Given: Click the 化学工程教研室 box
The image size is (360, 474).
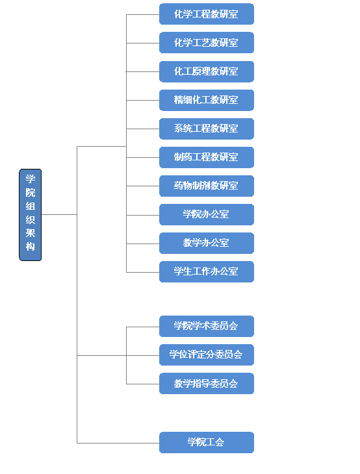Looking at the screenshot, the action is pyautogui.click(x=207, y=14).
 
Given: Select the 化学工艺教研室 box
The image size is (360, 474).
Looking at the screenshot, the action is pyautogui.click(x=207, y=43).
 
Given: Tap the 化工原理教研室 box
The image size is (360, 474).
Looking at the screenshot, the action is pyautogui.click(x=207, y=71).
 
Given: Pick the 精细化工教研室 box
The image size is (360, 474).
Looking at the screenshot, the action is pyautogui.click(x=207, y=100).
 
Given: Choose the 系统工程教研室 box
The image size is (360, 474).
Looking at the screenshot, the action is pyautogui.click(x=207, y=129).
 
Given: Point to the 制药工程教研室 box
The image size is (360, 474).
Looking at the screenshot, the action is pyautogui.click(x=207, y=157).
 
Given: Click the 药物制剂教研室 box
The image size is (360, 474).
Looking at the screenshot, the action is pyautogui.click(x=207, y=186).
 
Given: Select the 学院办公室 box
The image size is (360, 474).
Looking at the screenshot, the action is pyautogui.click(x=207, y=214).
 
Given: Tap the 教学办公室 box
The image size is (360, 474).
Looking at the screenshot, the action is pyautogui.click(x=207, y=243).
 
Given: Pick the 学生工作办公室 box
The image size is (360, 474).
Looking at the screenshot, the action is pyautogui.click(x=207, y=271).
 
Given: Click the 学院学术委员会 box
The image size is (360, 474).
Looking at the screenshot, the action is pyautogui.click(x=207, y=326).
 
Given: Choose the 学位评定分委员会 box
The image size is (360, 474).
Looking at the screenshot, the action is pyautogui.click(x=207, y=355).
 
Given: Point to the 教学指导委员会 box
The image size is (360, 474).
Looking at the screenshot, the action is pyautogui.click(x=207, y=383).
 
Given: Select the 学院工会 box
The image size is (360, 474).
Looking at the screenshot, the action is pyautogui.click(x=207, y=442).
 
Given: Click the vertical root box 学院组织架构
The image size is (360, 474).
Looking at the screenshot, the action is pyautogui.click(x=31, y=215).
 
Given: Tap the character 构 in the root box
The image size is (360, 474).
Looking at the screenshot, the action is pyautogui.click(x=31, y=247).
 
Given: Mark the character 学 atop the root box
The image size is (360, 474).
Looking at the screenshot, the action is pyautogui.click(x=31, y=179).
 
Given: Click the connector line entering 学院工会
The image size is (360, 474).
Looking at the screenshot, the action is pyautogui.click(x=118, y=443).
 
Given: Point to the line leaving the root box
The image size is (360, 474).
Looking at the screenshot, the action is pyautogui.click(x=59, y=215).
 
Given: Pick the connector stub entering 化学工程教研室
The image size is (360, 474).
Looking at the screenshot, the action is pyautogui.click(x=143, y=14).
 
